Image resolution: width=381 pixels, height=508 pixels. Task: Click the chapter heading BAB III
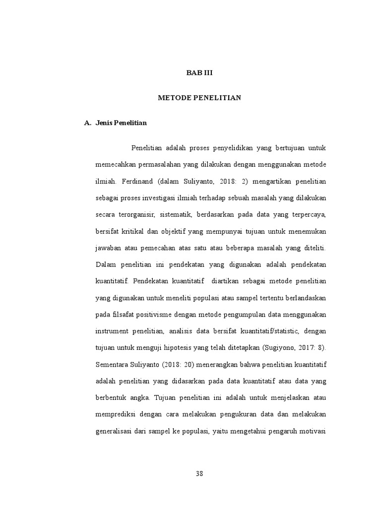pyautogui.click(x=199, y=73)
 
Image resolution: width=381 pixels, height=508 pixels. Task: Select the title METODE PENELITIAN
pyautogui.click(x=199, y=98)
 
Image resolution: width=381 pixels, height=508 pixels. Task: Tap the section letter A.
pyautogui.click(x=88, y=123)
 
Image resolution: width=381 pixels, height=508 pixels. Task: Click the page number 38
pyautogui.click(x=199, y=473)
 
